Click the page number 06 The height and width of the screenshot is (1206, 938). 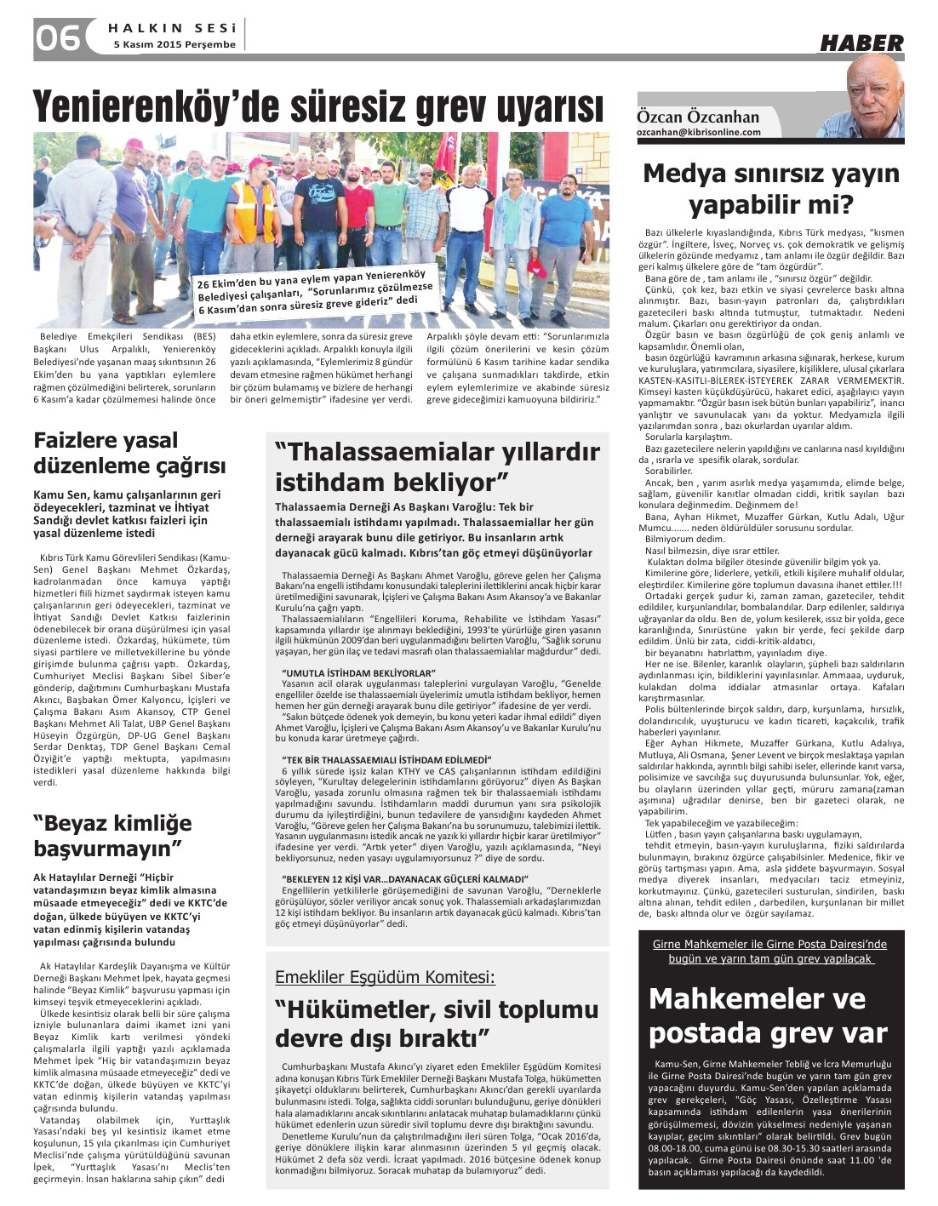(x=58, y=38)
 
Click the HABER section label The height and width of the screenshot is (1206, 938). (x=861, y=43)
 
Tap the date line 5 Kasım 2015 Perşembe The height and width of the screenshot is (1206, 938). (x=174, y=45)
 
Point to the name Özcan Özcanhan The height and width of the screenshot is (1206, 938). (x=698, y=117)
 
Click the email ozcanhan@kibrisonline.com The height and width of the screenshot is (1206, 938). (x=699, y=133)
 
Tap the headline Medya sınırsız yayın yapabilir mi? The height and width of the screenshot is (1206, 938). (x=771, y=189)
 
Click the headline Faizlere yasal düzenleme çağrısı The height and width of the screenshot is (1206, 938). (x=129, y=453)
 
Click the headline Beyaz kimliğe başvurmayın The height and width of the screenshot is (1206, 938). (x=112, y=835)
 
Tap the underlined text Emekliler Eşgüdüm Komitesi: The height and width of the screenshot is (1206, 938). (x=385, y=977)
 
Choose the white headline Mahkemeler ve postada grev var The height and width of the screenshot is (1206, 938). (x=768, y=1015)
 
